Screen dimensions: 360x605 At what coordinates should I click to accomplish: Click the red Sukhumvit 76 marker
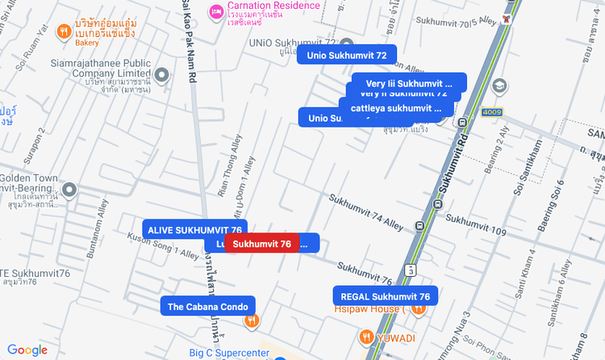[x=262, y=244]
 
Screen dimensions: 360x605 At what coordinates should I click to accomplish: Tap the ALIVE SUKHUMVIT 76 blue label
[x=194, y=229]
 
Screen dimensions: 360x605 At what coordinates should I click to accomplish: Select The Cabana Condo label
[x=208, y=306]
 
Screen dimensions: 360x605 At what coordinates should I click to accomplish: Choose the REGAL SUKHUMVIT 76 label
[x=385, y=296]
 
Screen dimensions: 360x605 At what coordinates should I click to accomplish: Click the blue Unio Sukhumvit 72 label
[x=347, y=55]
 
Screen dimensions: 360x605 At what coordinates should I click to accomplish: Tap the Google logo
[x=27, y=350]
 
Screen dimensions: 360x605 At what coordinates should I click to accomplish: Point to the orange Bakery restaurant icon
[x=64, y=32]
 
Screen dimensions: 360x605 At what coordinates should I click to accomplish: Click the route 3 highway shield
[x=411, y=269]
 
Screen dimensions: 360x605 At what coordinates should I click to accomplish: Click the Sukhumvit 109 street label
[x=475, y=226]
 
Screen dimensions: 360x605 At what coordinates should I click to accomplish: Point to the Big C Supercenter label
[x=228, y=353]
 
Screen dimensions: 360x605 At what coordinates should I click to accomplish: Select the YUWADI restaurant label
[x=395, y=337]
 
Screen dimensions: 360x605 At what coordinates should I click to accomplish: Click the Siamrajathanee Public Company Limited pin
[x=162, y=77]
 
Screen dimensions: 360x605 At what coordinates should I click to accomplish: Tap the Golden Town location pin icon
[x=69, y=190]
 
